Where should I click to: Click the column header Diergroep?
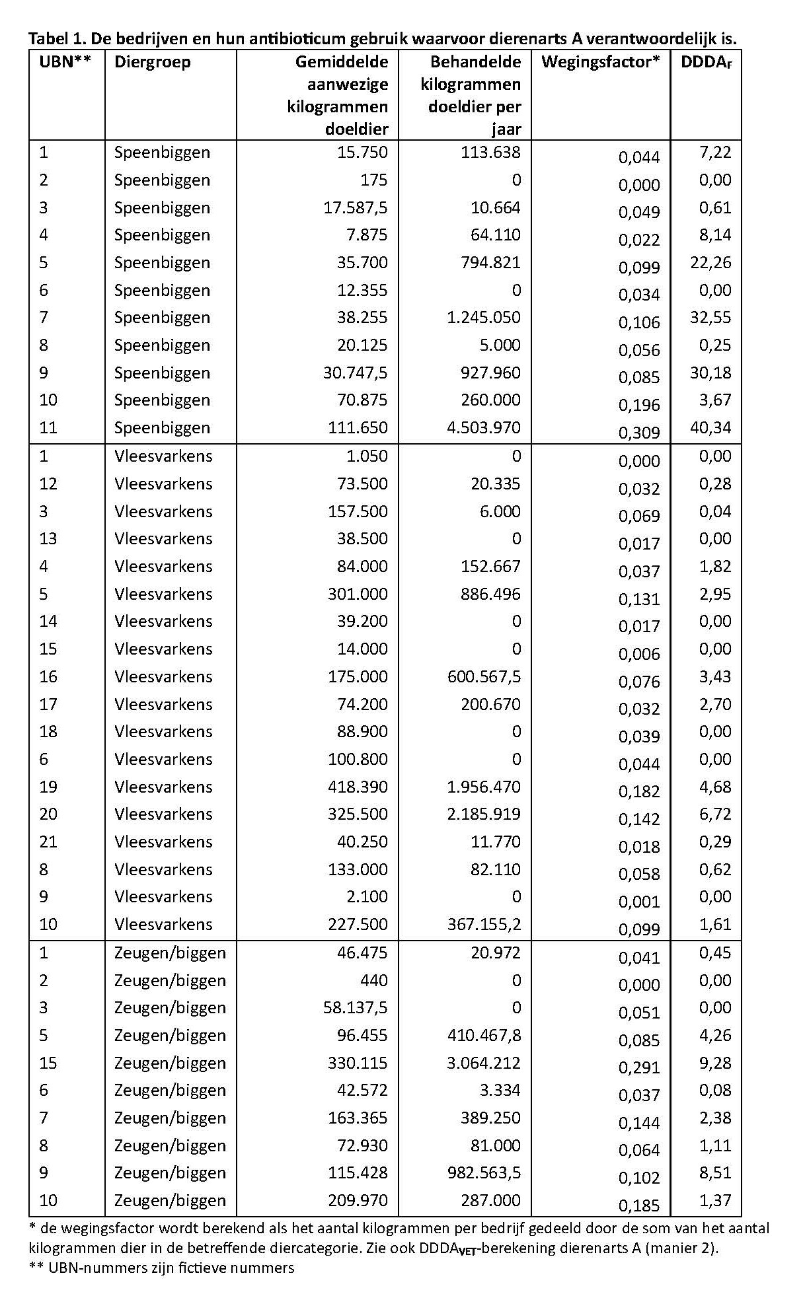point(152,62)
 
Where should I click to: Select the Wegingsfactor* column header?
point(600,62)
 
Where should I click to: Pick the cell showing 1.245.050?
point(484,318)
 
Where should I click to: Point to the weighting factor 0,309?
point(639,433)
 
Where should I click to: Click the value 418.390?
point(358,787)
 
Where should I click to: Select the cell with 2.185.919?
point(484,814)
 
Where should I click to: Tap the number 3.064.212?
point(484,1063)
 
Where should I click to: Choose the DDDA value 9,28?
point(715,1063)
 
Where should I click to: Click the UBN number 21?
point(48,842)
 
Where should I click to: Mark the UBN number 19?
point(48,787)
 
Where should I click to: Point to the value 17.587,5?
point(355,207)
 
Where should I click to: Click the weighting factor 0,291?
point(639,1068)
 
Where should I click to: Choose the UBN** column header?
point(65,62)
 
